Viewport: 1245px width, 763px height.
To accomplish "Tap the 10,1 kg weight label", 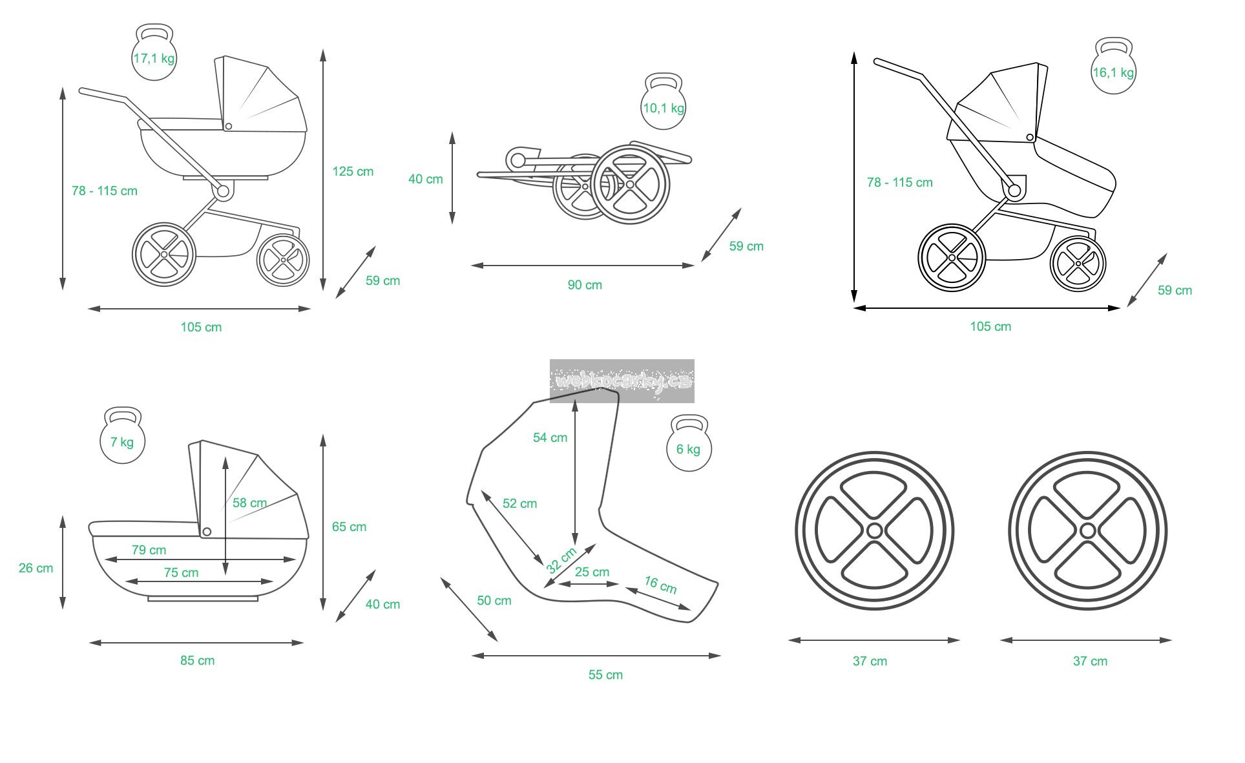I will (x=663, y=108).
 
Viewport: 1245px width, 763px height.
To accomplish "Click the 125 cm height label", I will (x=353, y=171).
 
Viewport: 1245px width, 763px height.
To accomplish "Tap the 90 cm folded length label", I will (x=585, y=285).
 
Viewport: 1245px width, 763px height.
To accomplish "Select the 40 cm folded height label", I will (x=426, y=179).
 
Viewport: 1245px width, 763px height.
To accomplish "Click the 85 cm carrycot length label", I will (x=197, y=660).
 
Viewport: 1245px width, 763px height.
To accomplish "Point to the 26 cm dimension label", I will (x=36, y=568).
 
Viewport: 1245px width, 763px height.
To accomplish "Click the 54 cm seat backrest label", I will (x=550, y=437).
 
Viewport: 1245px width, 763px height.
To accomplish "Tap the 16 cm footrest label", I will (x=660, y=585).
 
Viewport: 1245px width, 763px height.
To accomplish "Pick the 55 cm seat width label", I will (x=605, y=674).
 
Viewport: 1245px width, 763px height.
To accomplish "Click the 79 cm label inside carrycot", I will (x=149, y=550).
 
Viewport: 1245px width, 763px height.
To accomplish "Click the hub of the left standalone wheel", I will (x=874, y=531).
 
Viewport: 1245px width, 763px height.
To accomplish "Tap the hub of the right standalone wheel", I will (x=1087, y=531).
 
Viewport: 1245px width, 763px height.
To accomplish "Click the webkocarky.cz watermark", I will (x=622, y=381).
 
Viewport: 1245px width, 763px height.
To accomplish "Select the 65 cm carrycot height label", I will (x=349, y=527).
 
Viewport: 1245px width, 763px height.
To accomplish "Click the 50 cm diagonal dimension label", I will (x=494, y=600).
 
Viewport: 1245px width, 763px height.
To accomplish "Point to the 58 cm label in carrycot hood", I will (x=249, y=503).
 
